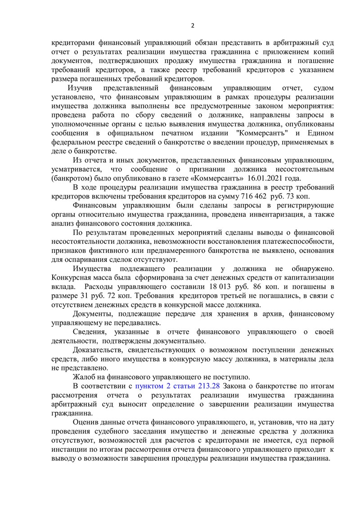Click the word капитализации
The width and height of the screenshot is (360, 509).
[x=309, y=278]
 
